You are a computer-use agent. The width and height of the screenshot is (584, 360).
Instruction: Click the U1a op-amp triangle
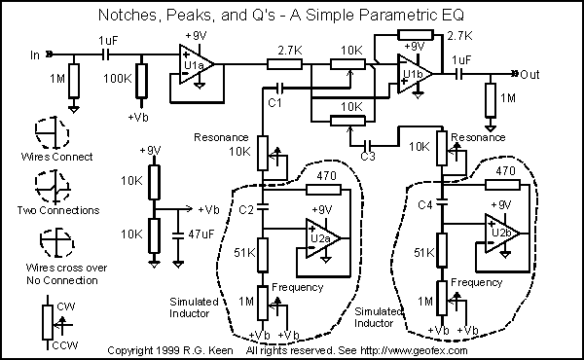[x=195, y=64]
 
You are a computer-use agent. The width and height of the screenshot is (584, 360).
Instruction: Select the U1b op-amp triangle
[x=413, y=74]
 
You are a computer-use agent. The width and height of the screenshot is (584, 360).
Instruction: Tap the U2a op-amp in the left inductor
[x=321, y=238]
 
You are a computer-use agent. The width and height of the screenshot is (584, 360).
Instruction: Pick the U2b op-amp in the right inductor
[x=501, y=234]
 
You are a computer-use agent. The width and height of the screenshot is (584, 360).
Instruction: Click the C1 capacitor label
[x=274, y=103]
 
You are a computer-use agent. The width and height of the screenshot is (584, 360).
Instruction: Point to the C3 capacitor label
[x=368, y=156]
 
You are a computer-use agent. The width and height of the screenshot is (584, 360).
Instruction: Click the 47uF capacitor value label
[x=201, y=234]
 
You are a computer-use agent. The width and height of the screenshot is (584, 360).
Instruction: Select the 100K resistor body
[x=141, y=81]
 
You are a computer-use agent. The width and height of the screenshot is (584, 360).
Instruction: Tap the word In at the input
[x=35, y=55]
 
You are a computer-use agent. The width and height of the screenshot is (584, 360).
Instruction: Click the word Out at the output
[x=529, y=75]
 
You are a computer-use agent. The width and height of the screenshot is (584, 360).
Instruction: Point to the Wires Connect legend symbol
[x=53, y=132]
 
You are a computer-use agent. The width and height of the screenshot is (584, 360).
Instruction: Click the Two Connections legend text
[x=58, y=210]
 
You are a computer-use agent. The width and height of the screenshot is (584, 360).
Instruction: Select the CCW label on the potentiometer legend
[x=65, y=345]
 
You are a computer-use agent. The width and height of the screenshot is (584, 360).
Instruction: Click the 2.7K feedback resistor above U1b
[x=416, y=35]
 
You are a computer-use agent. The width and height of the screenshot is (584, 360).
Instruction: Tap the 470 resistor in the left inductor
[x=323, y=190]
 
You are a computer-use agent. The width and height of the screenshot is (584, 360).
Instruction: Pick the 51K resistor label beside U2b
[x=424, y=253]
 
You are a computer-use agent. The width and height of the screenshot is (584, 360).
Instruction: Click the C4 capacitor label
[x=425, y=204]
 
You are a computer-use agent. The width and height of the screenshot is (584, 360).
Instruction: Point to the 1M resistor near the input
[x=74, y=81]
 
